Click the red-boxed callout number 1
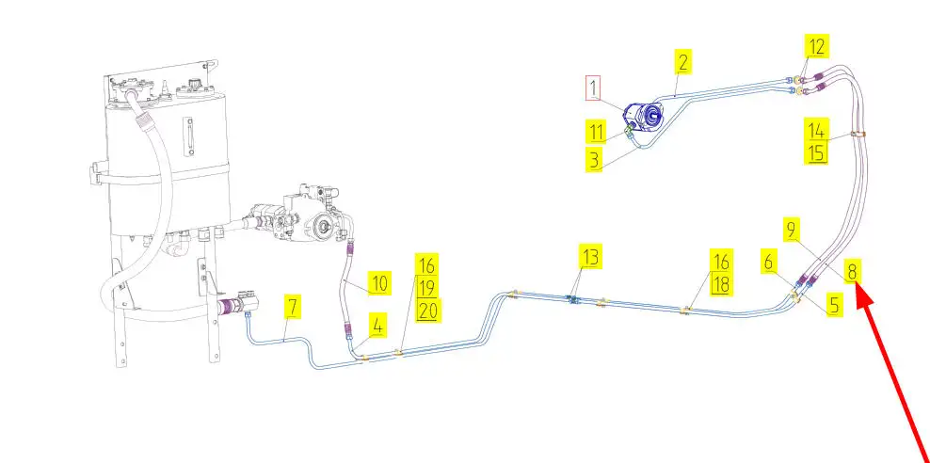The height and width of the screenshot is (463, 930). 593,89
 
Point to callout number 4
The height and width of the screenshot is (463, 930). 377,326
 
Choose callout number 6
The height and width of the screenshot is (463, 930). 770,264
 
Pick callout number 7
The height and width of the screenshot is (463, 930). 294,306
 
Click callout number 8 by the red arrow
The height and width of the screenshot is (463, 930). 852,272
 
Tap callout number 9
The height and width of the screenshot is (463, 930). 792,229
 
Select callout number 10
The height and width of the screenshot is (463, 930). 378,283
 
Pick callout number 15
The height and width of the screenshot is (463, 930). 815,152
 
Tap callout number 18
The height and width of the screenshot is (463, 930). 721,284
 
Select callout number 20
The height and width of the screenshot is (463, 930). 427,311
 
